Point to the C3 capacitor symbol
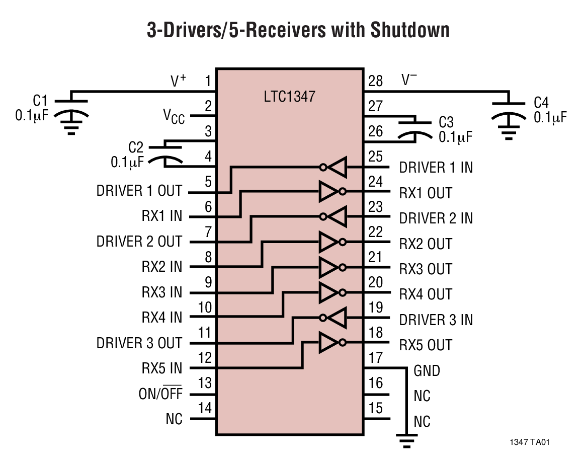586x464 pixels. (x=415, y=128)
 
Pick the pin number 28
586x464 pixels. (x=375, y=81)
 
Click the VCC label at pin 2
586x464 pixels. (x=174, y=117)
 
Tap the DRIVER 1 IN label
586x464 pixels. (x=436, y=168)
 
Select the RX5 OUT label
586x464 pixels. (x=426, y=345)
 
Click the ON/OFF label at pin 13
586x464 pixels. (x=160, y=394)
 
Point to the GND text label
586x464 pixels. (x=427, y=371)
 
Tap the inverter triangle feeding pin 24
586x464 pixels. (x=329, y=191)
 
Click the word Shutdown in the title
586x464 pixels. (x=410, y=30)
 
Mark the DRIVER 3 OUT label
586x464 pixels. (x=139, y=343)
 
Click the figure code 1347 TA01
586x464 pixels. (x=529, y=443)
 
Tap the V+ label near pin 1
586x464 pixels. (x=178, y=81)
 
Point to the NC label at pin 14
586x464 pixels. (x=174, y=419)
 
